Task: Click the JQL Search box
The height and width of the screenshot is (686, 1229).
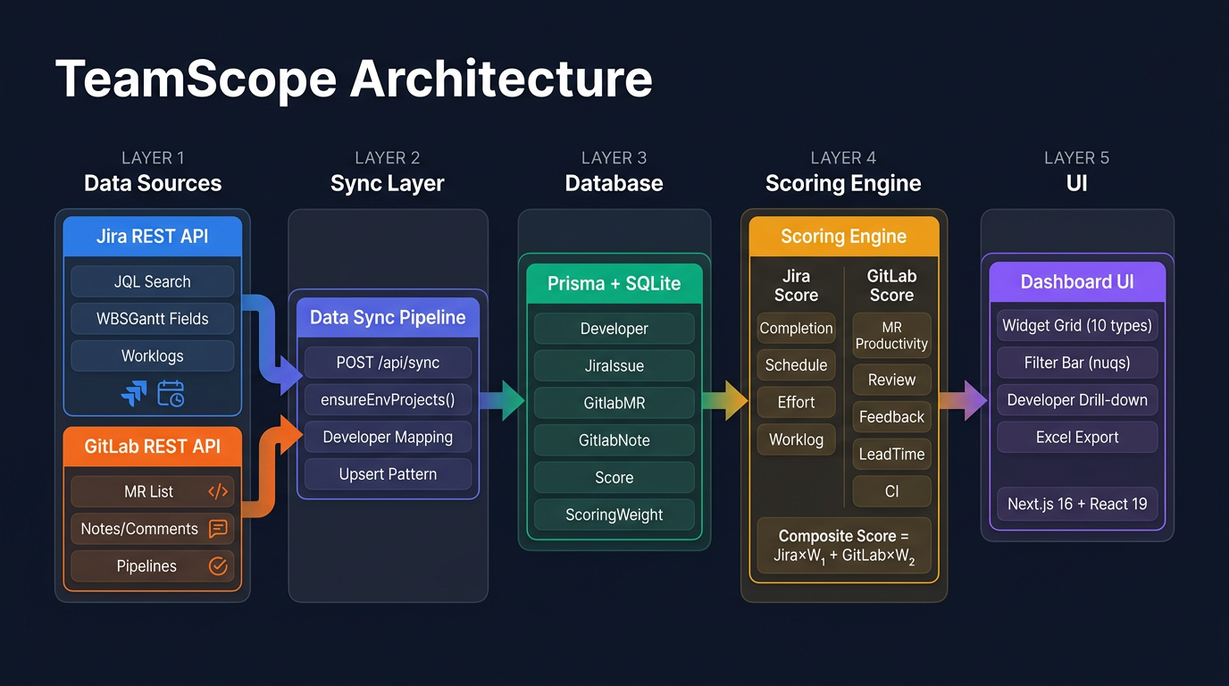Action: (152, 281)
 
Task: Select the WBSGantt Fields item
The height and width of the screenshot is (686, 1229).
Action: (152, 319)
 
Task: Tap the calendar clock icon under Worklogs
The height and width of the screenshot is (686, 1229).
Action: (171, 393)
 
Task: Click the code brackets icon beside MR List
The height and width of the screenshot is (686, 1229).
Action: (217, 491)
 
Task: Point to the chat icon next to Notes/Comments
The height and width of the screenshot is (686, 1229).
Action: (217, 529)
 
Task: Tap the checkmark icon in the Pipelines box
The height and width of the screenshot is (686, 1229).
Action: (217, 565)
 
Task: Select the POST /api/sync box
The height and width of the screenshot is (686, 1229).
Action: (388, 363)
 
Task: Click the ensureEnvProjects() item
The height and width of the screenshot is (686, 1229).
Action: (388, 400)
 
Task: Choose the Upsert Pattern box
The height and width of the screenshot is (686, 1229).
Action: (388, 474)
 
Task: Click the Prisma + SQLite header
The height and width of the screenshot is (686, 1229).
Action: (614, 284)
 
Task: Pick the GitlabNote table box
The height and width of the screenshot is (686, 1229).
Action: (614, 440)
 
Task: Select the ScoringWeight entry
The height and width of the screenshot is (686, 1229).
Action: (614, 514)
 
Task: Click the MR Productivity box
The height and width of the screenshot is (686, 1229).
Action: (891, 335)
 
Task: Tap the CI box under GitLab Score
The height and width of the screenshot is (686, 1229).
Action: (891, 491)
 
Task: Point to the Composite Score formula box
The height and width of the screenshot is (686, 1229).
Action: (843, 548)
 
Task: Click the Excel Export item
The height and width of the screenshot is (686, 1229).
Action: (1077, 438)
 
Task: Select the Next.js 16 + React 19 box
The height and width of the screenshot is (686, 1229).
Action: (1077, 504)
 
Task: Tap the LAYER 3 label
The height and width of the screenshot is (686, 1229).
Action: (614, 158)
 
